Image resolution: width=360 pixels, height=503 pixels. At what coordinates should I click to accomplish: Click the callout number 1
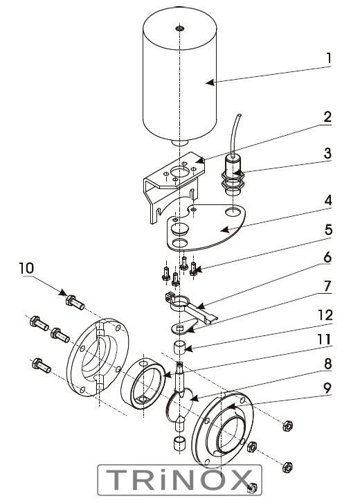click(x=328, y=58)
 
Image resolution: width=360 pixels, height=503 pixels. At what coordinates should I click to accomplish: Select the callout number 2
click(x=327, y=117)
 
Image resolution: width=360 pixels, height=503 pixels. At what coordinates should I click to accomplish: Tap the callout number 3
click(x=327, y=153)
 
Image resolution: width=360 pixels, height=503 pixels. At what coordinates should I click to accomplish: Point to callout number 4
click(x=328, y=201)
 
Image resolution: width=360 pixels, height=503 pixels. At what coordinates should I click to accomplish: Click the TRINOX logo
click(x=179, y=480)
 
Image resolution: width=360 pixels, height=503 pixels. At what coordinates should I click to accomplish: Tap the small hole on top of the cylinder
click(x=179, y=28)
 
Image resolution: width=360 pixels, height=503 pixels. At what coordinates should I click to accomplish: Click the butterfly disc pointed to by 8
click(x=179, y=405)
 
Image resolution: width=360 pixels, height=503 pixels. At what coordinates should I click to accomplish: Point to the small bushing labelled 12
click(x=180, y=348)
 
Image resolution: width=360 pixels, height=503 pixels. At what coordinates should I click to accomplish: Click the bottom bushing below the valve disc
click(x=179, y=443)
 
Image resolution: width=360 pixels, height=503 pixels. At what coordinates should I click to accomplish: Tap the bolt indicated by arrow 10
click(x=75, y=302)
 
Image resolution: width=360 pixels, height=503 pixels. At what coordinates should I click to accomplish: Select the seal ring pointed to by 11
click(x=143, y=383)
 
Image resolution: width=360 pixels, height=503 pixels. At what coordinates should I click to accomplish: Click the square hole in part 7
click(x=179, y=328)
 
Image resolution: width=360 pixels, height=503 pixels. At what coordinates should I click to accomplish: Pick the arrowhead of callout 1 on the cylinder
click(x=210, y=82)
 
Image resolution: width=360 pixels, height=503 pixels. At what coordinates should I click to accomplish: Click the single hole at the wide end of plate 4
click(x=233, y=211)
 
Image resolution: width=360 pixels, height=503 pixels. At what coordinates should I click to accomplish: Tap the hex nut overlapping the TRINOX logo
click(x=252, y=488)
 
